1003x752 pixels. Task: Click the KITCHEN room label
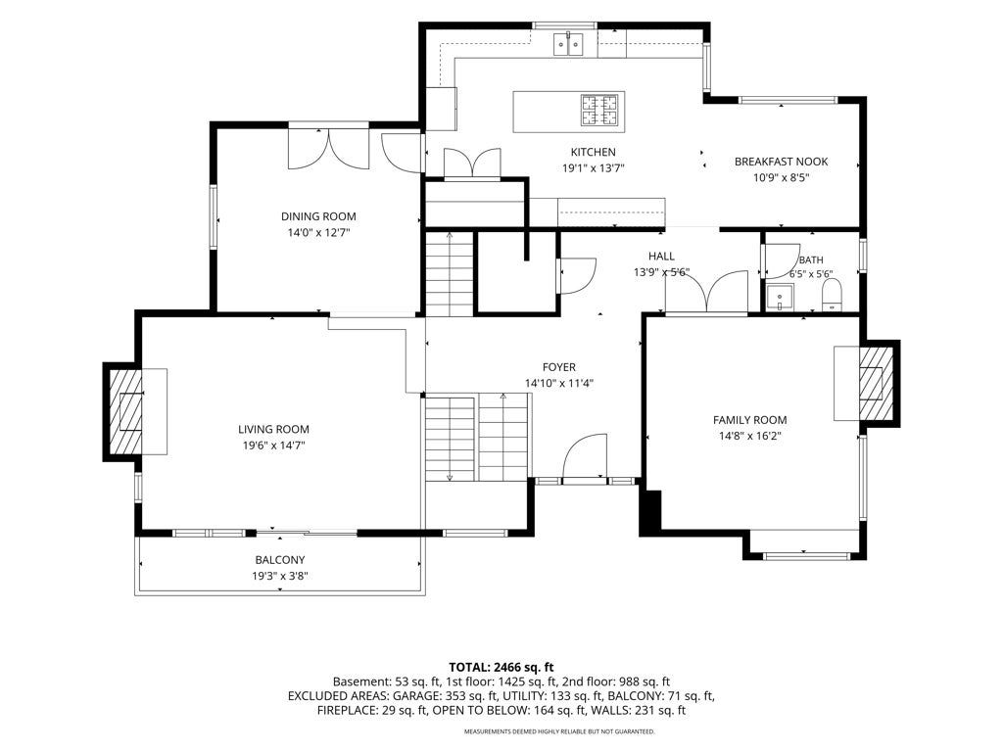tap(593, 152)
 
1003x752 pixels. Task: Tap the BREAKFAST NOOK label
tap(781, 162)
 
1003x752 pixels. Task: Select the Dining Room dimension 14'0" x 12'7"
tap(318, 233)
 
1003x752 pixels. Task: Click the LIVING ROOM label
tap(274, 429)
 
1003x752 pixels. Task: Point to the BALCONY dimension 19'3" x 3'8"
tap(280, 576)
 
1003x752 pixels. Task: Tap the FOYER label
tap(559, 367)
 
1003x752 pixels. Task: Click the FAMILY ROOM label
tap(749, 420)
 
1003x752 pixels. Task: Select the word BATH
tap(811, 260)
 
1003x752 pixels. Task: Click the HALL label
tap(661, 257)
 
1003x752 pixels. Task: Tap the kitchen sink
tap(569, 43)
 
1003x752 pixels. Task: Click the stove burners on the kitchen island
tap(599, 110)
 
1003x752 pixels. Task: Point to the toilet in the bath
tap(832, 296)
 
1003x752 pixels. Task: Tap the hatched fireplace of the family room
tap(876, 383)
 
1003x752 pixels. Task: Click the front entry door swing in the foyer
tap(585, 456)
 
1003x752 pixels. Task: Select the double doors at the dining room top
tap(329, 149)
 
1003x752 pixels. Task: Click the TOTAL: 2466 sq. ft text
tap(501, 668)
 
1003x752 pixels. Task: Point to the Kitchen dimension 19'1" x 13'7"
tap(593, 168)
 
